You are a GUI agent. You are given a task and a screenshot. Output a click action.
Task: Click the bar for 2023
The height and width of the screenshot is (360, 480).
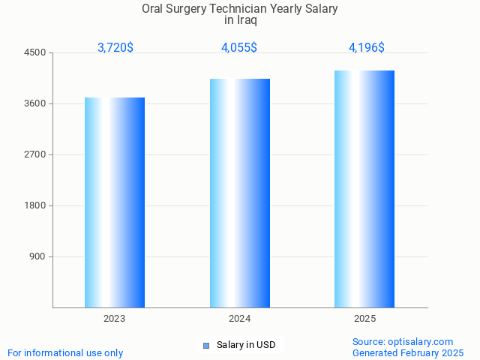(115, 202)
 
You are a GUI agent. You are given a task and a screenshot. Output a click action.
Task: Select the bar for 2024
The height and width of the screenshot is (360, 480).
(240, 193)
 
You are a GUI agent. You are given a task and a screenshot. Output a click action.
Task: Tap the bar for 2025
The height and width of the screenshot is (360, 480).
(364, 189)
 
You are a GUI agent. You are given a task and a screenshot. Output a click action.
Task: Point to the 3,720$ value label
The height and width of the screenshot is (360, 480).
(115, 48)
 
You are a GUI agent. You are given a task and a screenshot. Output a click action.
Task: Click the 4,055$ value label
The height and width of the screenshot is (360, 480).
(239, 48)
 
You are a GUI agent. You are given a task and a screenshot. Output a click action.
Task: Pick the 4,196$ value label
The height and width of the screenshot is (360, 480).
(367, 48)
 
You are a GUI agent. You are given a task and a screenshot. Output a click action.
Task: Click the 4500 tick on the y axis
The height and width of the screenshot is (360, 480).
(34, 52)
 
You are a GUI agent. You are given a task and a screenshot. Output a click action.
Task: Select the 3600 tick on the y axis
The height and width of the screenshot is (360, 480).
(34, 103)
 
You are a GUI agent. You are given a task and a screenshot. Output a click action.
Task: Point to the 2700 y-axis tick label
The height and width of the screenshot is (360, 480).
(34, 154)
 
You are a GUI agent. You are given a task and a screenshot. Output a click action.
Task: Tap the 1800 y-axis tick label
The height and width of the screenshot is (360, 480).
(34, 205)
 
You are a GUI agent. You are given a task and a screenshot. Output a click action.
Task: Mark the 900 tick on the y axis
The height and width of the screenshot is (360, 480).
(37, 256)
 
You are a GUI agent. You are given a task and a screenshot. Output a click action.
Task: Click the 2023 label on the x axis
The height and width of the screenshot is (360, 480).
(115, 319)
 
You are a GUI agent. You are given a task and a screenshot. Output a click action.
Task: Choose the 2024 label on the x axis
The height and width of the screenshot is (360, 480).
(240, 319)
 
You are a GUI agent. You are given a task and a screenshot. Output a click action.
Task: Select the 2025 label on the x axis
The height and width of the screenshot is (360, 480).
(364, 319)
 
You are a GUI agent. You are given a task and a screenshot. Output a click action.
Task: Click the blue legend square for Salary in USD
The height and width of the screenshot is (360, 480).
(206, 345)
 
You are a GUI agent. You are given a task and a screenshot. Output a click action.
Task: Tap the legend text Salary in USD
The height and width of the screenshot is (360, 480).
(246, 345)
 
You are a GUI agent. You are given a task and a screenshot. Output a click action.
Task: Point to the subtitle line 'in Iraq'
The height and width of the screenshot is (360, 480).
(240, 20)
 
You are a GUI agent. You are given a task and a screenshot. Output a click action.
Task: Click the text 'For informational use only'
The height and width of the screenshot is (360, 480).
(65, 352)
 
